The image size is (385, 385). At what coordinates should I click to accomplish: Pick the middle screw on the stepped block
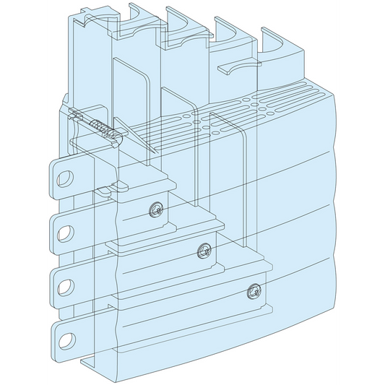pyautogui.click(x=203, y=251)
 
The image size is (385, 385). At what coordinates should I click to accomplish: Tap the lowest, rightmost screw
pyautogui.click(x=252, y=291)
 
